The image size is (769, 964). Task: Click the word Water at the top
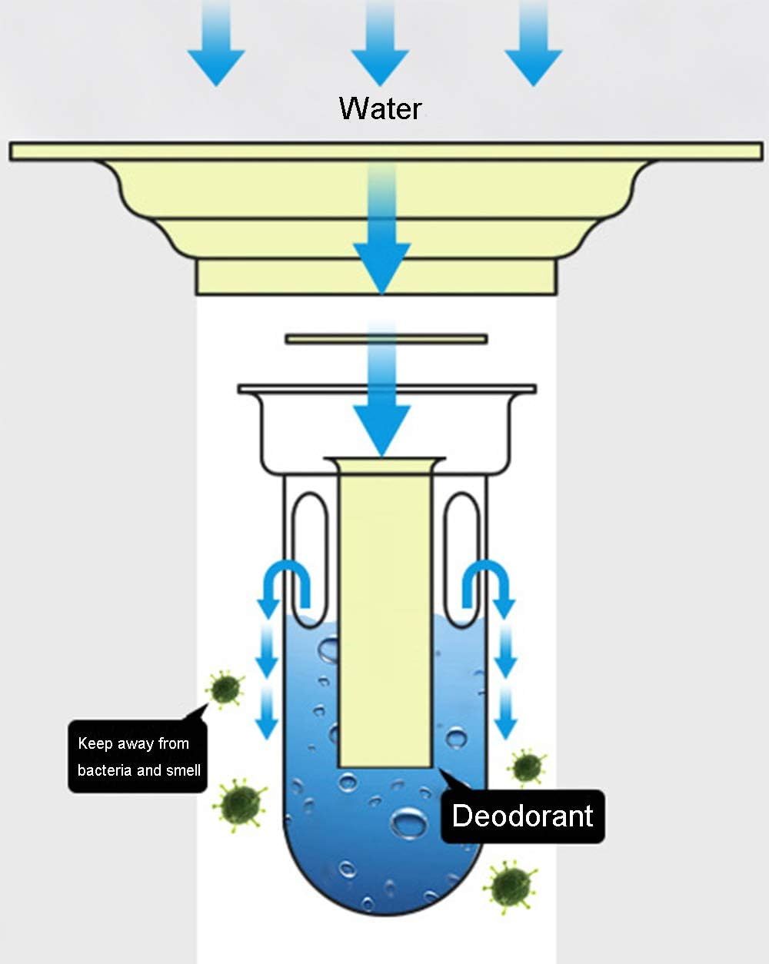[381, 108]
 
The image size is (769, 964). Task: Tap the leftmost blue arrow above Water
[216, 61]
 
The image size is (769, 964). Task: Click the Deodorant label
[523, 816]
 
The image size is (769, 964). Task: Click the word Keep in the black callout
[95, 743]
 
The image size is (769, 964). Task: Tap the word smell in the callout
[183, 770]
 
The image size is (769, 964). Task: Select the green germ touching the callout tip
[225, 688]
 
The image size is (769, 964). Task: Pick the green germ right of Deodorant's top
[527, 766]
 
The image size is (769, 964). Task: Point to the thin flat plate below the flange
[386, 338]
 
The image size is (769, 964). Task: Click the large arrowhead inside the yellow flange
[381, 265]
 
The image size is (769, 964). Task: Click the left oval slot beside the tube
[309, 557]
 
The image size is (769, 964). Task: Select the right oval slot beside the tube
[463, 557]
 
